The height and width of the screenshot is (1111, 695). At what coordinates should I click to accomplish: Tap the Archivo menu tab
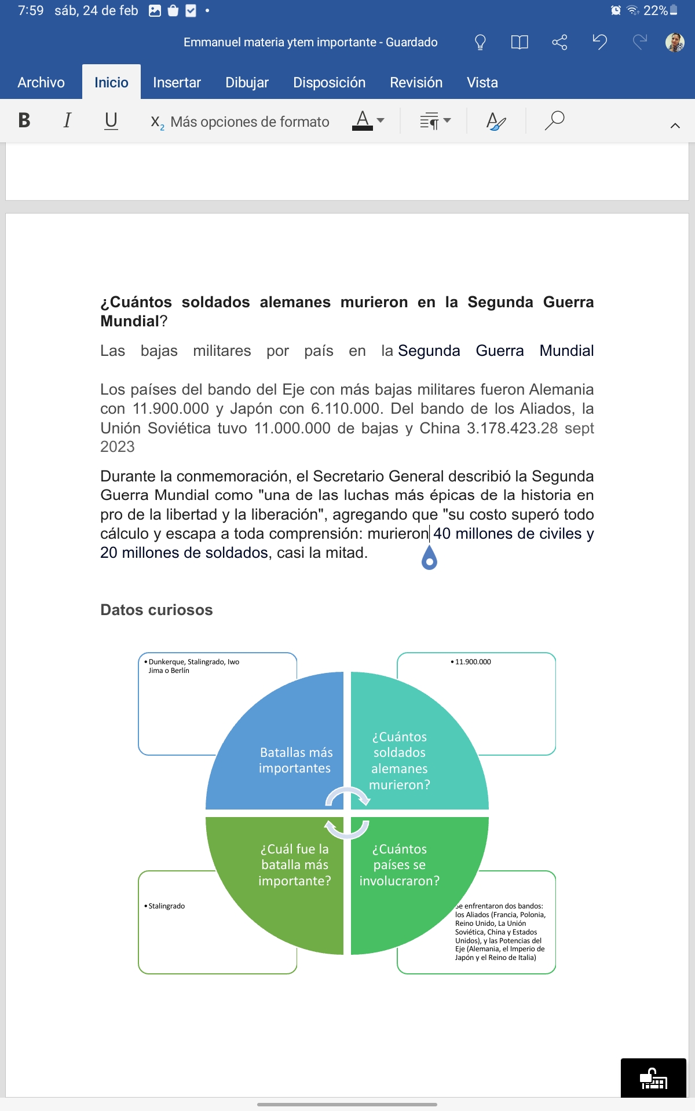41,83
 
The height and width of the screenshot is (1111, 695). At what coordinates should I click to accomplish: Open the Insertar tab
177,83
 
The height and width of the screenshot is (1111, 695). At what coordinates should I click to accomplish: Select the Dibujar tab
247,83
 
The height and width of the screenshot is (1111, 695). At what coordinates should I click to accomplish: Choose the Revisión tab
416,83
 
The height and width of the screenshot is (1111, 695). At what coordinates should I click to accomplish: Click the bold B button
24,120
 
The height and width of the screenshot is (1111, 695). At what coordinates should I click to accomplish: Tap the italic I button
67,120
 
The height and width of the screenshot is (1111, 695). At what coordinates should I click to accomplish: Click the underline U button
111,120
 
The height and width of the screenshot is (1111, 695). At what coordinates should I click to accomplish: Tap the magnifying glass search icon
554,120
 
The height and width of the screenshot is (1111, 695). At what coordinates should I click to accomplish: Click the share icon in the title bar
559,42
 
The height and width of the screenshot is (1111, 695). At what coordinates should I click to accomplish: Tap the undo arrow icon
599,42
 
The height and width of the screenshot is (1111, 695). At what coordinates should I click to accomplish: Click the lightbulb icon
480,42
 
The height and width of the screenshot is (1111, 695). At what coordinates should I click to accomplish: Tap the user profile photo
675,42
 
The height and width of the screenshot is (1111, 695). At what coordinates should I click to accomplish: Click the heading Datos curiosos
156,610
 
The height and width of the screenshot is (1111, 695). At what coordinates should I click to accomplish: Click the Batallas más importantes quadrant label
295,760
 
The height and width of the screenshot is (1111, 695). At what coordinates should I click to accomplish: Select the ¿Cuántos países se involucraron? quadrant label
400,865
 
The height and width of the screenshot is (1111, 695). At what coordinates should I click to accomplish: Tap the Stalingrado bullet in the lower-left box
166,906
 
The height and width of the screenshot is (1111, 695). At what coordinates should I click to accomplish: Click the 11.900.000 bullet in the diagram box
473,662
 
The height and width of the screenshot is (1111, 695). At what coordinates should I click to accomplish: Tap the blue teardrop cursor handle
429,558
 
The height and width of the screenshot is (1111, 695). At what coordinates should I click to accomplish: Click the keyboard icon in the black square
653,1079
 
